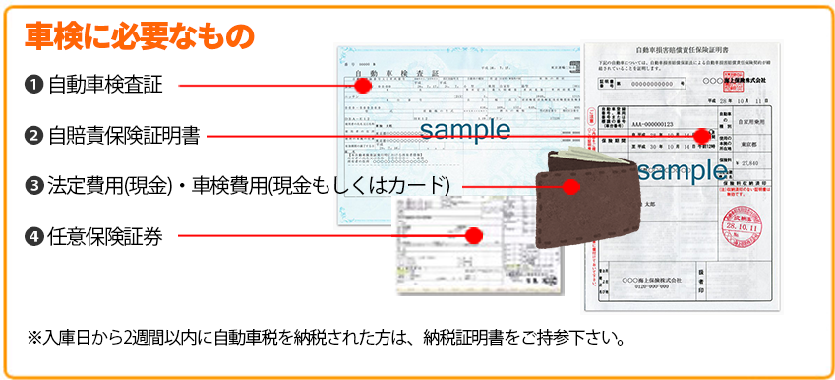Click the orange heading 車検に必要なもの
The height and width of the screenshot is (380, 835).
(140, 36)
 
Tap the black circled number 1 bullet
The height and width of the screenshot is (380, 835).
(33, 85)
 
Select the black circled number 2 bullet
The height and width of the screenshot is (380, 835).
(33, 136)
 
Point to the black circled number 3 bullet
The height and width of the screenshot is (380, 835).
(33, 185)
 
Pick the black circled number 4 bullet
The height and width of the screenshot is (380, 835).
(33, 235)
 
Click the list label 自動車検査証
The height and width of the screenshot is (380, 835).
(105, 85)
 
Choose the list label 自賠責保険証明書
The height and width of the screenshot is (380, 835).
(124, 136)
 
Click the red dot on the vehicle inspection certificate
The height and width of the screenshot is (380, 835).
(363, 85)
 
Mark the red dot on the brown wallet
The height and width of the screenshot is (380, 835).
(569, 184)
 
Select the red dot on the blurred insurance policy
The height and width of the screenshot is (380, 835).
(473, 235)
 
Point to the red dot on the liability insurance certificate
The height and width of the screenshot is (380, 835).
(701, 136)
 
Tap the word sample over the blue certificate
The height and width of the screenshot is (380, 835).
(465, 129)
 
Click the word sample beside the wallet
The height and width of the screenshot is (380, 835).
(682, 170)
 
